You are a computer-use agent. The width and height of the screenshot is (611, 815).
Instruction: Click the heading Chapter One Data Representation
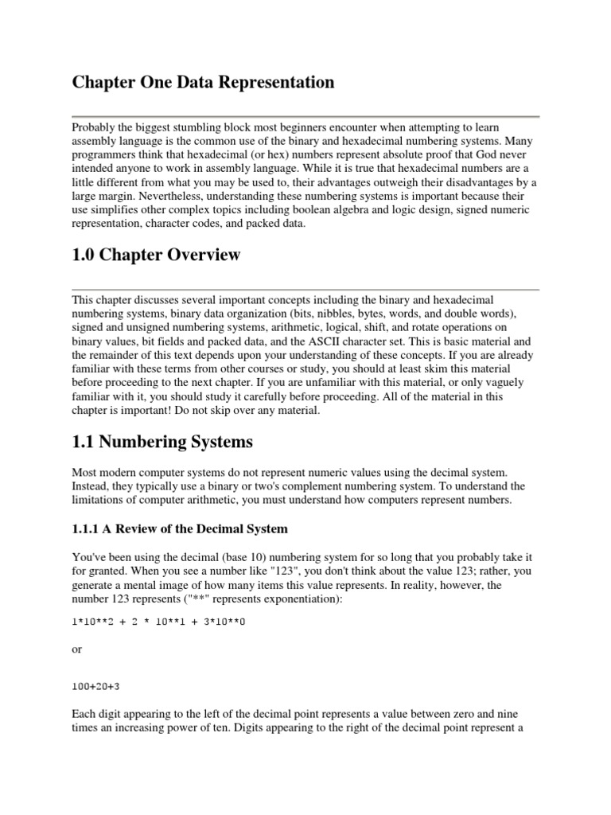pyautogui.click(x=203, y=83)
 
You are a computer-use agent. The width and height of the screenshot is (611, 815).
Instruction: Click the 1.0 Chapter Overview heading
pyautogui.click(x=156, y=255)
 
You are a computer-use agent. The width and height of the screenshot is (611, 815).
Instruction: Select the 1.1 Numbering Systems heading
pyautogui.click(x=162, y=441)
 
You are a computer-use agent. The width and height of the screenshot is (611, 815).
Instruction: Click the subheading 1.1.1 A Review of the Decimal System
pyautogui.click(x=180, y=529)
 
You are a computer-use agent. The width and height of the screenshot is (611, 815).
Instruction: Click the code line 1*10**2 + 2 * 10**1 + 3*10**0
pyautogui.click(x=158, y=622)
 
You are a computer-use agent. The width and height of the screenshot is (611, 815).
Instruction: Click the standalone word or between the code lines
pyautogui.click(x=77, y=649)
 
